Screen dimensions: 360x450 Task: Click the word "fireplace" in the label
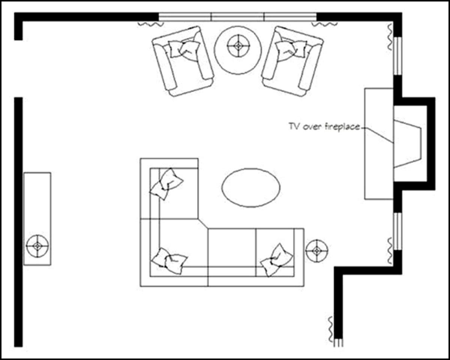[x=345, y=126]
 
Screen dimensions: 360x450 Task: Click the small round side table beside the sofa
[x=317, y=250]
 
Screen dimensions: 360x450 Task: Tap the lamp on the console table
[x=37, y=246]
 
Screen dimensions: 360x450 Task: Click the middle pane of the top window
[x=238, y=16]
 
